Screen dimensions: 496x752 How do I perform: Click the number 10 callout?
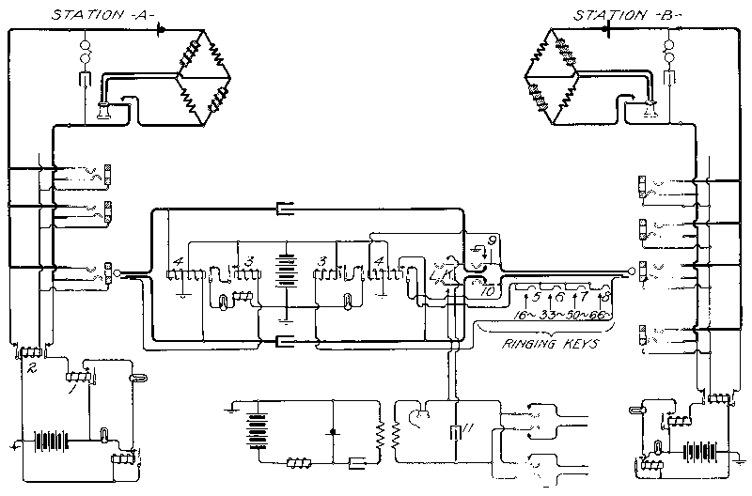point(488,291)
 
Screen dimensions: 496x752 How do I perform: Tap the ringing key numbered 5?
point(537,297)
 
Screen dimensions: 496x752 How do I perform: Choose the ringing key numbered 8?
point(605,297)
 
